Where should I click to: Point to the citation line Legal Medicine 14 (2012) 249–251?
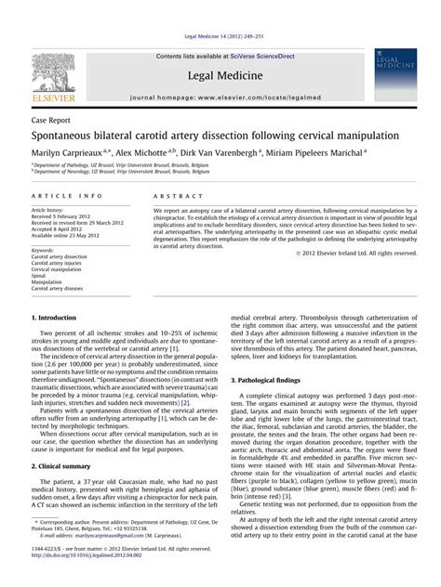click(220, 9)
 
